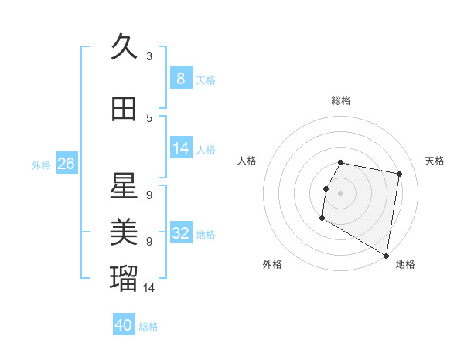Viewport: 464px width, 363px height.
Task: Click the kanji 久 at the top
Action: (x=124, y=47)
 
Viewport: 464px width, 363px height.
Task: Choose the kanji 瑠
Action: (x=124, y=276)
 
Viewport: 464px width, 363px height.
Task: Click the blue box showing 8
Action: (x=180, y=78)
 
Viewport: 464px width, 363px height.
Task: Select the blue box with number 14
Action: (x=180, y=148)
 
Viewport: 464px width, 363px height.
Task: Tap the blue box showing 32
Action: (x=180, y=233)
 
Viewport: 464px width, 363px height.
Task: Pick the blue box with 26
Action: (x=66, y=164)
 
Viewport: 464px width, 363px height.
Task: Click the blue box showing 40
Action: (x=124, y=325)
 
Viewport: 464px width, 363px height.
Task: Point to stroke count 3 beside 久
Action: (x=149, y=56)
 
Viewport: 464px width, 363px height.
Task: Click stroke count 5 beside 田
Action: (x=149, y=118)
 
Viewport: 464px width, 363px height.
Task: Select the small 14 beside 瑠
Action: (x=149, y=287)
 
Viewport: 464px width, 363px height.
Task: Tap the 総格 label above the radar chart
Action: (x=341, y=100)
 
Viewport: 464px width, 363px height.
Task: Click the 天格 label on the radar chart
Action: (x=435, y=161)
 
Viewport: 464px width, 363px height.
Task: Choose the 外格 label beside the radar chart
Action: (x=272, y=264)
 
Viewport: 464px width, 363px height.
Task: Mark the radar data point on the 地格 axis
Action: (x=386, y=256)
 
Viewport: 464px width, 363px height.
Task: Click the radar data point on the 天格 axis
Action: (x=399, y=175)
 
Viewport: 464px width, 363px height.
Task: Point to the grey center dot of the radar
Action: (x=340, y=193)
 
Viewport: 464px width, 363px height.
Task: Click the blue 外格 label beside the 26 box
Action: (x=41, y=165)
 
